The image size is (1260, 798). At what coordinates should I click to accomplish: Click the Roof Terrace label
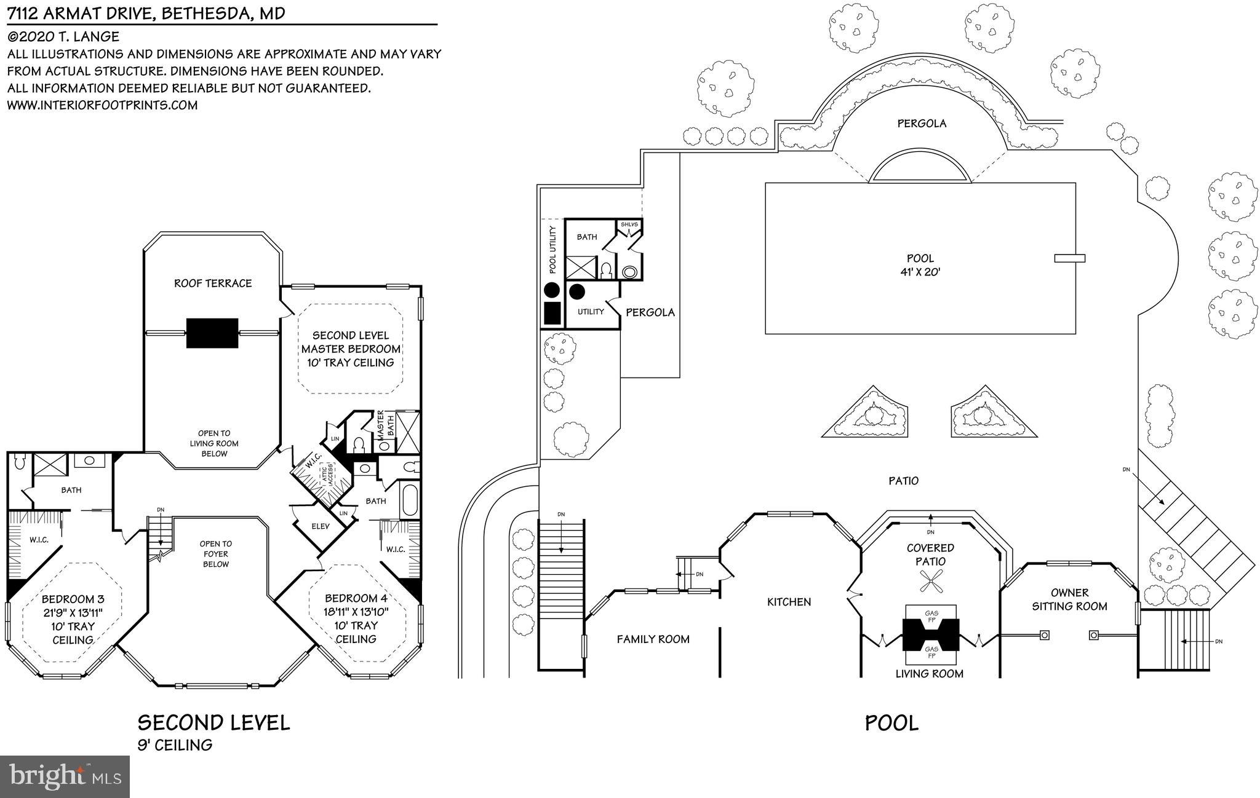213,283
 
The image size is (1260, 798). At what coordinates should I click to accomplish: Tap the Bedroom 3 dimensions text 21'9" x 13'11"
73,612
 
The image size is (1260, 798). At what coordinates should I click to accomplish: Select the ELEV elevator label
321,526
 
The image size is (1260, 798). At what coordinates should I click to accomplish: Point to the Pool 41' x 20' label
920,265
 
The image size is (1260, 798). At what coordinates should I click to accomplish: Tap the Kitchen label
789,602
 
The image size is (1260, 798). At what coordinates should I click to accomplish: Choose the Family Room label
653,639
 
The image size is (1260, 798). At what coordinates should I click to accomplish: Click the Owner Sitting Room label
1069,599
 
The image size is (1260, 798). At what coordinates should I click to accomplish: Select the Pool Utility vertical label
552,250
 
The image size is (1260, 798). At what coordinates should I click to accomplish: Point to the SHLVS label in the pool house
629,224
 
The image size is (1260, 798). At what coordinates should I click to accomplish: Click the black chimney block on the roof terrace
212,333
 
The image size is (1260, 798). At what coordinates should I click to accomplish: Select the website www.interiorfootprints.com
102,105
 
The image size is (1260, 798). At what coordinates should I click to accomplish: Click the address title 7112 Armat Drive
146,13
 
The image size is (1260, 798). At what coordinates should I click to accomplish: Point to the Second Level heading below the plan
213,722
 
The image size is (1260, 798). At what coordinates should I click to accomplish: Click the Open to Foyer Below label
215,554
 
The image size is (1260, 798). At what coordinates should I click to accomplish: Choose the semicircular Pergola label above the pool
921,124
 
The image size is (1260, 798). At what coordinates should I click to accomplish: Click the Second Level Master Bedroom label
351,349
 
